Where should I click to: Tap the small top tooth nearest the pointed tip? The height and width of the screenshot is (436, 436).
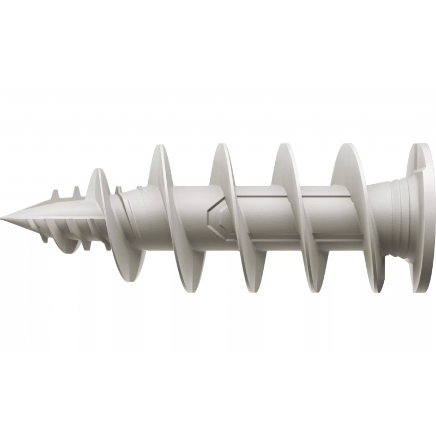[x=55, y=194]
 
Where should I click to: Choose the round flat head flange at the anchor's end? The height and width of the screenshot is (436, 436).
[x=422, y=218]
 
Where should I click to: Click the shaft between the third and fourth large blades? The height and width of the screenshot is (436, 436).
[x=322, y=213]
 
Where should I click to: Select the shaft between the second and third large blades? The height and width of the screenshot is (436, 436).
[x=259, y=213]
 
